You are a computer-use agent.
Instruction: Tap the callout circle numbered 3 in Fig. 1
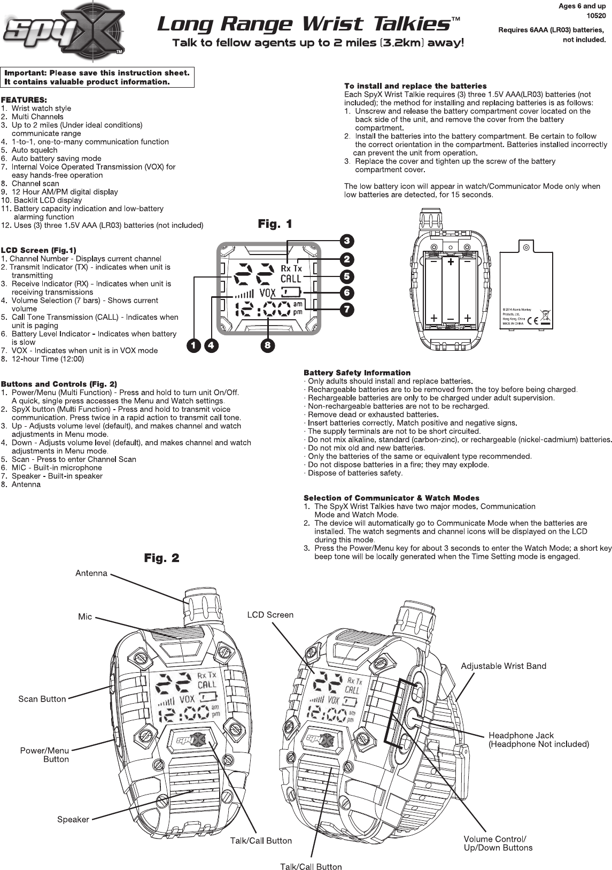click(346, 240)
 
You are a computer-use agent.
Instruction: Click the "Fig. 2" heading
click(161, 558)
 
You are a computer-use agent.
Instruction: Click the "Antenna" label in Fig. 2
click(91, 573)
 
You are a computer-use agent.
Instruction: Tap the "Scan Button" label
click(42, 699)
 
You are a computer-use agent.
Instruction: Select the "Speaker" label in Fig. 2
click(73, 819)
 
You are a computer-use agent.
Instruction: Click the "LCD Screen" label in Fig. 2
click(270, 615)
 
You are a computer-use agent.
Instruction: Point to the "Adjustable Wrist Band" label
click(503, 666)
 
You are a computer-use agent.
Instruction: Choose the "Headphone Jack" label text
click(521, 735)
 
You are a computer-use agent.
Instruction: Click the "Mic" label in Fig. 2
click(85, 617)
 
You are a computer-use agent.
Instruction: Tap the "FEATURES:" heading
click(24, 100)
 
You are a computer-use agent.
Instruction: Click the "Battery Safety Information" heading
click(357, 373)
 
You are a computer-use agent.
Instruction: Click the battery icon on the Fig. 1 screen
click(291, 292)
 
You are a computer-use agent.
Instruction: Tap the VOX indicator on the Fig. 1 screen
click(268, 292)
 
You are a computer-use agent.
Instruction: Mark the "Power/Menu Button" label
click(45, 754)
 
